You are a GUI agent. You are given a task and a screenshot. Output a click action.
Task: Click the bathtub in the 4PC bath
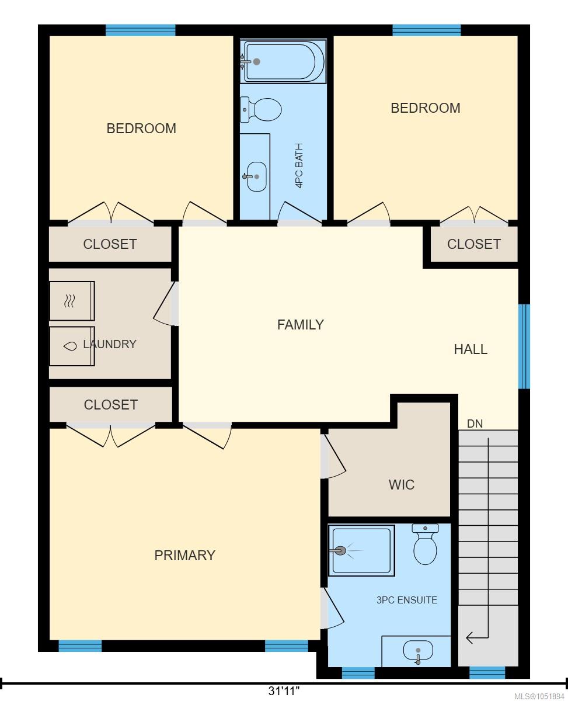[283, 61]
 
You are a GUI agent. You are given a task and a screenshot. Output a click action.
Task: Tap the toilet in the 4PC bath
[261, 110]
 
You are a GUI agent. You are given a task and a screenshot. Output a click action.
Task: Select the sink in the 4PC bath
[256, 177]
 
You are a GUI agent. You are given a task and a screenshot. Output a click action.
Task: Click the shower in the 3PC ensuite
[361, 550]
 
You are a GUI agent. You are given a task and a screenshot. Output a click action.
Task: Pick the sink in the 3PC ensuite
[418, 652]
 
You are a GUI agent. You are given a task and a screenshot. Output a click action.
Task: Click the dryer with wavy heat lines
[72, 301]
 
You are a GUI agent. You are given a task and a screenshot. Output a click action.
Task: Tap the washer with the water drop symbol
[72, 346]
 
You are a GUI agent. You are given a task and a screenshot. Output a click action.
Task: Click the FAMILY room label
[300, 325]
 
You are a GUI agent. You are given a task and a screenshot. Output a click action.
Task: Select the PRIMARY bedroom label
[185, 556]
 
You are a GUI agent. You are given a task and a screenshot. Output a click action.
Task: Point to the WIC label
[401, 484]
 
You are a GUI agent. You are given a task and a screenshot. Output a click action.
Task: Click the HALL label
[471, 349]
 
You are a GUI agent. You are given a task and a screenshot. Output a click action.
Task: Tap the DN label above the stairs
[475, 424]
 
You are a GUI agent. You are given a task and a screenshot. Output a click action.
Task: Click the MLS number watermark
[539, 696]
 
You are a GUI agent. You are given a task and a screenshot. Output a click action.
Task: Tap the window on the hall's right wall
[524, 346]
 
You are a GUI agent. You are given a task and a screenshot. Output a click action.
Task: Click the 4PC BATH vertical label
[299, 165]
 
